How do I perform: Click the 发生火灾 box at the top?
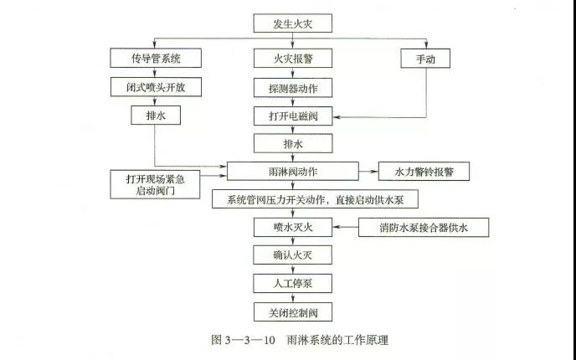(293, 23)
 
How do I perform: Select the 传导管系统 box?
(156, 58)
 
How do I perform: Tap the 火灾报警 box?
(293, 58)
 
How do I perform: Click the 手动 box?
(425, 59)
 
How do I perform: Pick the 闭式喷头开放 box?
(156, 87)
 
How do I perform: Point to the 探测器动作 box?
(293, 88)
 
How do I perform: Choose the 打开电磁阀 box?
(293, 116)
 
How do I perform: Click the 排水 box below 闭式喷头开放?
(156, 116)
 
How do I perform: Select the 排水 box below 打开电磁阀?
(293, 143)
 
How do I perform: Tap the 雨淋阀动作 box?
(293, 171)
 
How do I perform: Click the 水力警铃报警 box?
(424, 171)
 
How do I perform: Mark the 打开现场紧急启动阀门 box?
(155, 184)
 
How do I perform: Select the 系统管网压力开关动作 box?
(315, 199)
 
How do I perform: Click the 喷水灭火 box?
(293, 227)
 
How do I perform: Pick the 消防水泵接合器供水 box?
(424, 228)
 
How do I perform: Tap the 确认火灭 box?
(293, 255)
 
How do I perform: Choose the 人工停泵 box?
(293, 283)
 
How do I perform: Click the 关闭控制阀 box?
(293, 312)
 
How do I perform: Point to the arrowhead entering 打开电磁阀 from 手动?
(336, 117)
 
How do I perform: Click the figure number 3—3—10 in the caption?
(249, 340)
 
